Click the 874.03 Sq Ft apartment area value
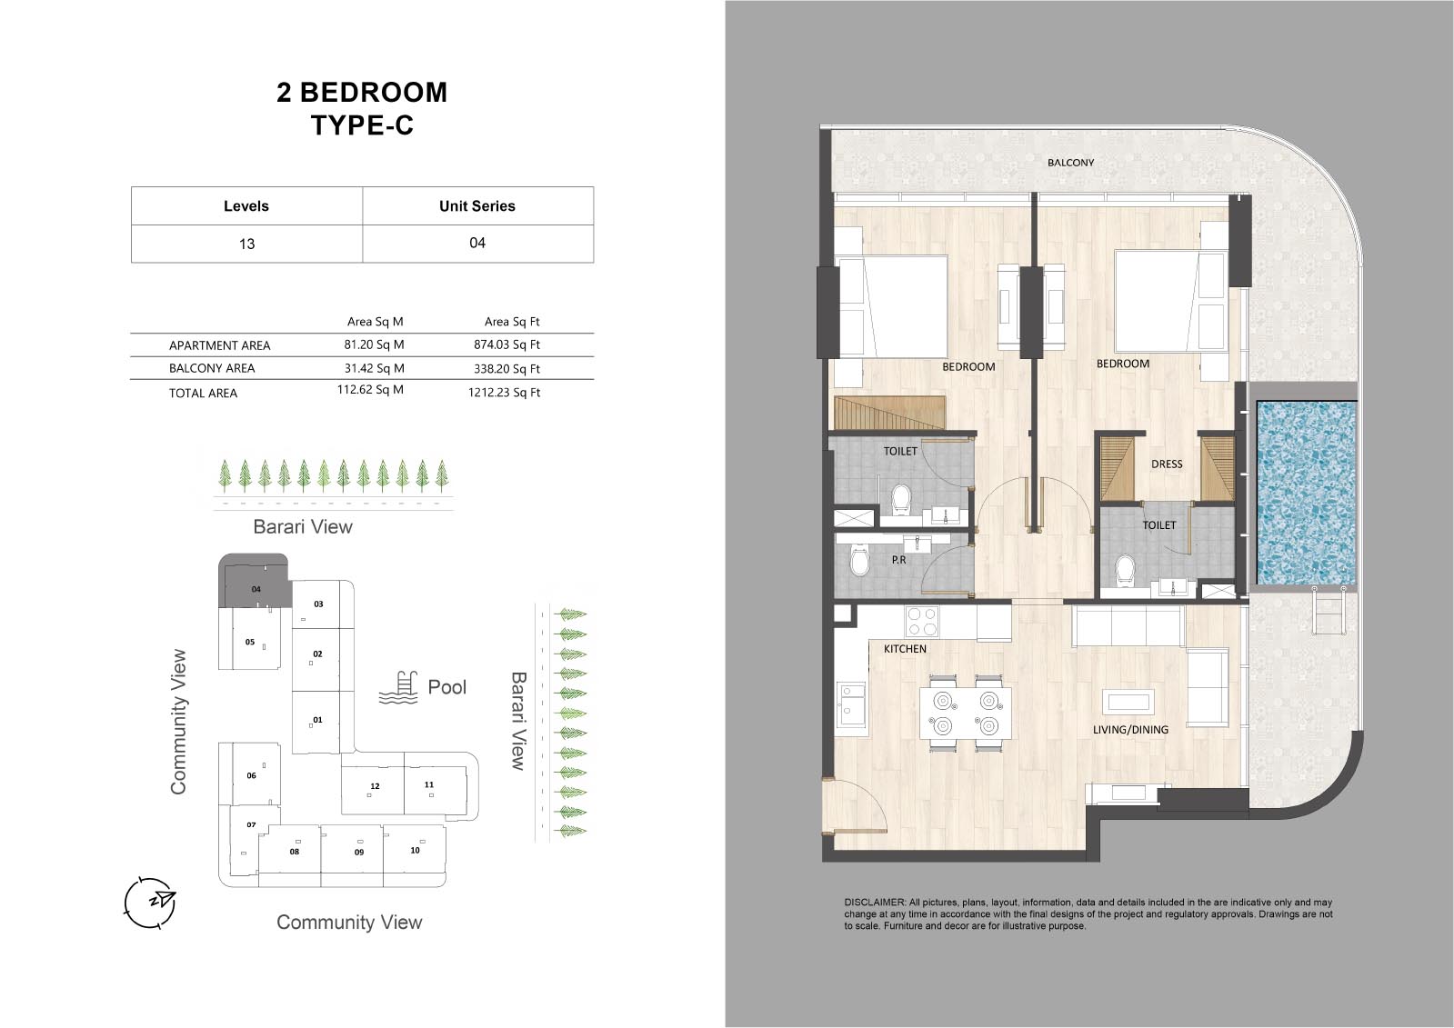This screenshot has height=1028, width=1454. point(506,344)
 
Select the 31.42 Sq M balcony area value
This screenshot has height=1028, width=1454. point(374,368)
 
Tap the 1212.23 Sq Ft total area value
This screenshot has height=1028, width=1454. point(504,392)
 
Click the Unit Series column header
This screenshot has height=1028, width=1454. point(477,205)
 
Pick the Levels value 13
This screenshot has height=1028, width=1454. point(246,244)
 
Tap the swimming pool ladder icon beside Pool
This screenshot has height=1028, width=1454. point(398,688)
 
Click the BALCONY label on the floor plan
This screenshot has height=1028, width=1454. point(1070,163)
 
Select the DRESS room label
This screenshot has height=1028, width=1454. point(1167,464)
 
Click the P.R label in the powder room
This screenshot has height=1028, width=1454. point(898,559)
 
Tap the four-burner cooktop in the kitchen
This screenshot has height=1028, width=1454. point(922,621)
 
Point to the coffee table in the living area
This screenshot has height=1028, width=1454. point(1128,702)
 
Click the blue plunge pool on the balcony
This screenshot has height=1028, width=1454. point(1306,493)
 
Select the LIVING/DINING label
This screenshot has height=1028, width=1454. point(1130,730)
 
